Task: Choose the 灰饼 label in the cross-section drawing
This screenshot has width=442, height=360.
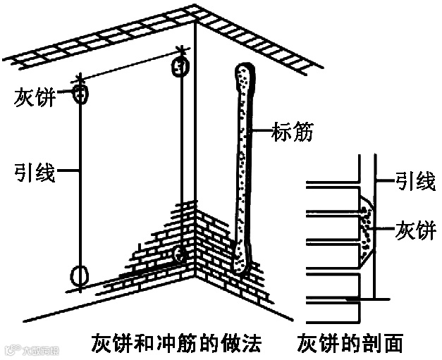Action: (x=415, y=230)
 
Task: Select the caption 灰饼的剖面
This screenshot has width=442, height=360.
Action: (x=350, y=343)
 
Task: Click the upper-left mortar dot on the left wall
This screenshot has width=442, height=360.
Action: (x=81, y=93)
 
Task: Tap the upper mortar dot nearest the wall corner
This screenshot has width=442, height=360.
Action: (x=180, y=68)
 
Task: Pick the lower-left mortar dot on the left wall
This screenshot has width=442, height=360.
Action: (x=80, y=274)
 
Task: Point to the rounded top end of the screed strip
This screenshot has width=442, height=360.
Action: (x=244, y=73)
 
